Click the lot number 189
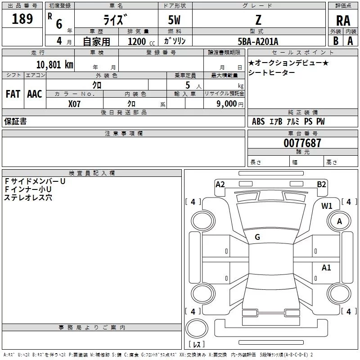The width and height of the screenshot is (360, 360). [22, 19]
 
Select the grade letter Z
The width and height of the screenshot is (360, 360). [258, 21]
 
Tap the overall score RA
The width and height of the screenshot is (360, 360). [343, 20]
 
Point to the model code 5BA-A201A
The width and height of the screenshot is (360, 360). [258, 42]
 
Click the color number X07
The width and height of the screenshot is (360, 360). [74, 103]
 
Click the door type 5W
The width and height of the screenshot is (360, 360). [175, 21]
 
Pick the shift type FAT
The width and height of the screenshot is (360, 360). [13, 94]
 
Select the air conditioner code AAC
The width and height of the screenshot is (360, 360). [35, 94]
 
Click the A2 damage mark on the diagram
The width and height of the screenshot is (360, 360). [220, 184]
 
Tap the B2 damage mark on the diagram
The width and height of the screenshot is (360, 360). [321, 184]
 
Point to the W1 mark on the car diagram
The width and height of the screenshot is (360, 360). [327, 206]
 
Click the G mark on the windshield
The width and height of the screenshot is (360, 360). [257, 237]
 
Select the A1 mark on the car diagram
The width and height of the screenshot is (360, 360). [326, 268]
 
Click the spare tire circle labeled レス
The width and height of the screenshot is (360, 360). [197, 332]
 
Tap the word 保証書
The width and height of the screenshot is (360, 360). [15, 121]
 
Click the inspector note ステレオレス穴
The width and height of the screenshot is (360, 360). [28, 198]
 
